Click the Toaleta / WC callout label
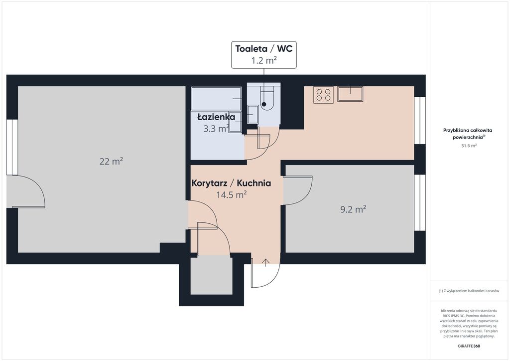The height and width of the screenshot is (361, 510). tap(264, 55)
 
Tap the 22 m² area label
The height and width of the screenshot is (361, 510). tap(111, 161)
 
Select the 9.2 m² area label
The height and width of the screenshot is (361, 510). tap(353, 209)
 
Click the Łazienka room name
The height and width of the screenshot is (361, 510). tap(216, 117)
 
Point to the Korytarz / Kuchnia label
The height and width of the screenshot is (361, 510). tap(231, 183)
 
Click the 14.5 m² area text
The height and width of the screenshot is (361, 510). tap(231, 194)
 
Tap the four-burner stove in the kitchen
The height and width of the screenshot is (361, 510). tap(324, 95)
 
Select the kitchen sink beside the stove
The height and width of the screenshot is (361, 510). tap(350, 94)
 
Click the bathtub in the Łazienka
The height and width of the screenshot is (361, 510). tap(216, 98)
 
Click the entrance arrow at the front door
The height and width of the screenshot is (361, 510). tap(266, 262)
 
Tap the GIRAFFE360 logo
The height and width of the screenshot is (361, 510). tap(469, 346)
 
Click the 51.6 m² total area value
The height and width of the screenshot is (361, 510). tap(469, 146)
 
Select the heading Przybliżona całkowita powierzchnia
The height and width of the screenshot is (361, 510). tap(468, 134)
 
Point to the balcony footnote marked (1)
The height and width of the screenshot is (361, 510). tap(469, 291)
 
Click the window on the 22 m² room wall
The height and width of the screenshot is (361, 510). tap(12, 147)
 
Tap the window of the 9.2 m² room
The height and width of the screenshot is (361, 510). tap(420, 203)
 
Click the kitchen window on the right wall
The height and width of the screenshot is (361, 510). tap(420, 121)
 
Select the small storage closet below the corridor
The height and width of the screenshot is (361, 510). tap(211, 275)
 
